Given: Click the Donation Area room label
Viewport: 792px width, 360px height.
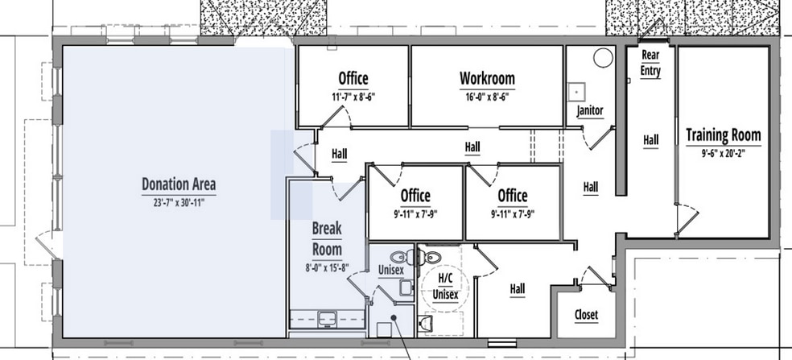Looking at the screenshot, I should pos(179,184).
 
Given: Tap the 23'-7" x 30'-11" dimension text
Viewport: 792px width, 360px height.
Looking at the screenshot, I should pos(179,203).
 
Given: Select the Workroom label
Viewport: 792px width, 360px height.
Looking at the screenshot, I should pos(487,79).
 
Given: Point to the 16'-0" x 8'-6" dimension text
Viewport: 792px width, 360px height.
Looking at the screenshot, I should pos(487,97).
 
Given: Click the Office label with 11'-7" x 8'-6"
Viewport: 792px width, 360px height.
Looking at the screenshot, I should pos(353,79).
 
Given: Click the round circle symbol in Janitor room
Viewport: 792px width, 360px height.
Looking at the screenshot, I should pos(601,58).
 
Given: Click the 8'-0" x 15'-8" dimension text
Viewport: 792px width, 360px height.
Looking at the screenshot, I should pos(327,268).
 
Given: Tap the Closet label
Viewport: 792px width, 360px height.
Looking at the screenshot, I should pos(586,315).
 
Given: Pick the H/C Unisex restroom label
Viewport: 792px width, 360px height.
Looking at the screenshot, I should pos(445,287).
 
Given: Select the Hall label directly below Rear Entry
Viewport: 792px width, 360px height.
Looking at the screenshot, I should pos(650,140).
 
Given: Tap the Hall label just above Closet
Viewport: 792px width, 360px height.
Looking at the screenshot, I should pos(518,288).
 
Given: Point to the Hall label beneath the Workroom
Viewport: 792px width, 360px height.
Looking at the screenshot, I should pos(472,147).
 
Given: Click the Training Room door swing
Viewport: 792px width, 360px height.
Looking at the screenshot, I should pos(683,217).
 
